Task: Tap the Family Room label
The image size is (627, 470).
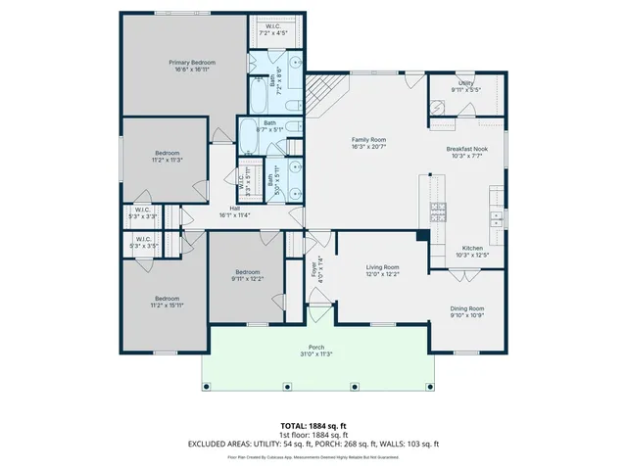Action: pyautogui.click(x=369, y=140)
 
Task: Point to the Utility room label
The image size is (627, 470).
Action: pyautogui.click(x=466, y=83)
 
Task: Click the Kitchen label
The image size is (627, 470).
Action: pyautogui.click(x=472, y=248)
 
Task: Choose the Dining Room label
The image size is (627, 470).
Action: pyautogui.click(x=467, y=308)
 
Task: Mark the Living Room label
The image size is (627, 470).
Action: pyautogui.click(x=382, y=266)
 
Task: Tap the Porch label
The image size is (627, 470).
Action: pyautogui.click(x=316, y=348)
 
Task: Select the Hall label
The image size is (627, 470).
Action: pyautogui.click(x=235, y=208)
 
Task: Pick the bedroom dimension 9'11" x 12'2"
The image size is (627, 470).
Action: pyautogui.click(x=247, y=279)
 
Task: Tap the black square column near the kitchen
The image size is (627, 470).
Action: pyautogui.click(x=421, y=235)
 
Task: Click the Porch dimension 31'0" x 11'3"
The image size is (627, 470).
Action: pyautogui.click(x=316, y=354)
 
